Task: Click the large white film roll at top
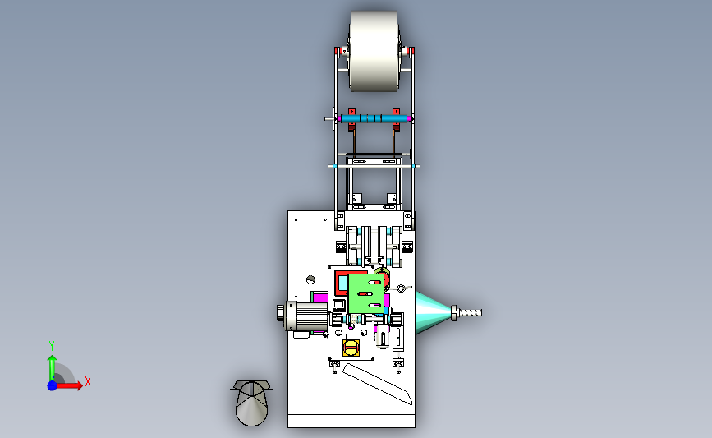(x=374, y=51)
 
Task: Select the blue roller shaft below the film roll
(x=374, y=119)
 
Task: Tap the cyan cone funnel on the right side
(x=433, y=312)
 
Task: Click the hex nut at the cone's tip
(x=454, y=313)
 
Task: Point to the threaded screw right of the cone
(x=470, y=313)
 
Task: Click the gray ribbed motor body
(x=311, y=316)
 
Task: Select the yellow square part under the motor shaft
(x=351, y=348)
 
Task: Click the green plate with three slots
(x=366, y=293)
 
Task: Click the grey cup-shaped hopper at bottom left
(x=251, y=403)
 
